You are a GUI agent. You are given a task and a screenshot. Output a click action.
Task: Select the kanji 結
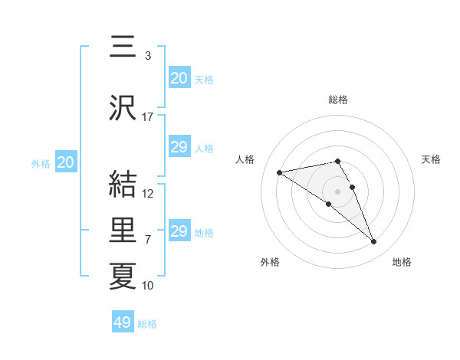click(x=123, y=185)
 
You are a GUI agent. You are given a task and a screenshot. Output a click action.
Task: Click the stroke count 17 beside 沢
click(x=148, y=117)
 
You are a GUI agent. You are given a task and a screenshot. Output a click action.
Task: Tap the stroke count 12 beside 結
click(x=148, y=194)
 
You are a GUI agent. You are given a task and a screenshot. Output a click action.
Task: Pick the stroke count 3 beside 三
click(x=147, y=56)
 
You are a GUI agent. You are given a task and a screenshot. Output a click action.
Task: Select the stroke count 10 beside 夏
click(x=148, y=286)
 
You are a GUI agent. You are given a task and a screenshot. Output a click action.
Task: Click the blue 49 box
click(x=123, y=322)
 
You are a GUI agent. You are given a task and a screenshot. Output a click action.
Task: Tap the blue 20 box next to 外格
click(x=66, y=162)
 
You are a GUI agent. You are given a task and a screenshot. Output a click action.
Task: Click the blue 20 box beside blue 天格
click(x=179, y=78)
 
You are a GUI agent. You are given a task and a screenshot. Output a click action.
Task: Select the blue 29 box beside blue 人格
click(x=179, y=147)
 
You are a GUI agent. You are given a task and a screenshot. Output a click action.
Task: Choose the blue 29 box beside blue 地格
click(x=179, y=231)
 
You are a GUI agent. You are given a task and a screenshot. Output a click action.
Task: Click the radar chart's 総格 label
click(x=337, y=100)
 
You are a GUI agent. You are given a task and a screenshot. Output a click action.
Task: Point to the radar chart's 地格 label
click(x=402, y=262)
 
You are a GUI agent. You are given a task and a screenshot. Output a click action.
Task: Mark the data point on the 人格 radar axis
click(x=280, y=172)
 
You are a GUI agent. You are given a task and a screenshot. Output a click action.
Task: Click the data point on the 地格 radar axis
click(x=374, y=242)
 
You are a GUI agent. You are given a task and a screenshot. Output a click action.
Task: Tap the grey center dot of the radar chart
click(x=337, y=191)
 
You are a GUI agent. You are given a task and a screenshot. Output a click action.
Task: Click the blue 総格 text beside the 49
click(x=147, y=324)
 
